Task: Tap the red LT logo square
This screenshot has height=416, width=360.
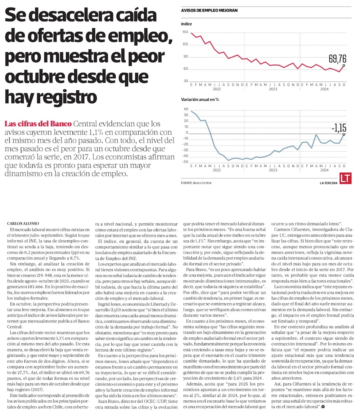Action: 345,178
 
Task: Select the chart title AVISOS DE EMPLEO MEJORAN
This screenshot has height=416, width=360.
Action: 209,10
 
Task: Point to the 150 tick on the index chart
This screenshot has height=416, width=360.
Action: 185,32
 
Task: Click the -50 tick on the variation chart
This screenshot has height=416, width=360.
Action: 185,162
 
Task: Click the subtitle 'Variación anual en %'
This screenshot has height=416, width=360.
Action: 200,99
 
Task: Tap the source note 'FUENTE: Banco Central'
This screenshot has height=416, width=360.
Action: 196,183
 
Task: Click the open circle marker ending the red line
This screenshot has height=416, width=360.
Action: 344,65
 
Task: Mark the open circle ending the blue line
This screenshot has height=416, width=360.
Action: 344,134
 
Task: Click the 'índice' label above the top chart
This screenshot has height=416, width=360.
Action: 186,24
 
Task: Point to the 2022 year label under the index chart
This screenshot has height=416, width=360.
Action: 217,89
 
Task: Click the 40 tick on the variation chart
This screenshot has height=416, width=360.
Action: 186,109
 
